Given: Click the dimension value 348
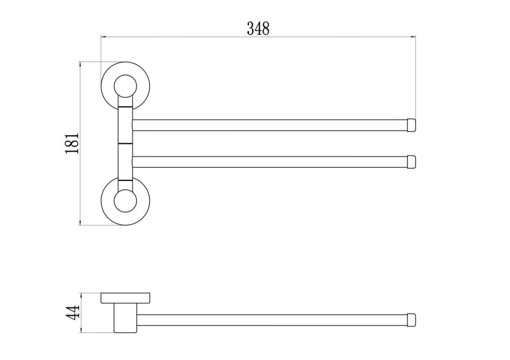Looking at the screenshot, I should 258,28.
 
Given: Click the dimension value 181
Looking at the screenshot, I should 71,143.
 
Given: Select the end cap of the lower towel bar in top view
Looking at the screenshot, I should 412,162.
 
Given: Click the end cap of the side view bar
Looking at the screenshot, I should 412,320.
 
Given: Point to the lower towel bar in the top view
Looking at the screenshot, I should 270,162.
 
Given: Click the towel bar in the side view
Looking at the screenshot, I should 270,320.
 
